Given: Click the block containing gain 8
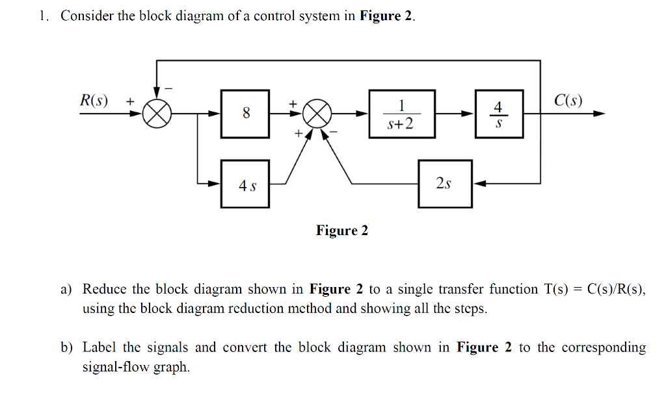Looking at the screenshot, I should (x=245, y=114).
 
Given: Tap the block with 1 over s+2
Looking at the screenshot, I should (x=401, y=114).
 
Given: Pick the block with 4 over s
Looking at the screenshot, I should (x=498, y=114).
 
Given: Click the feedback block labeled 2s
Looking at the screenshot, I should (x=444, y=184).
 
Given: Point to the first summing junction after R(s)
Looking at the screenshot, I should (x=157, y=114).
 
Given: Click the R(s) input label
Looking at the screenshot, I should (x=94, y=101).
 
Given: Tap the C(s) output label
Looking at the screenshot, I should (x=568, y=101).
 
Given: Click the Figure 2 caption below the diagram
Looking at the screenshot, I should (x=341, y=231).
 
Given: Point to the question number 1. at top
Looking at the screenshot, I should (x=44, y=16).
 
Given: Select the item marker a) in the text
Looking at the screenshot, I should (x=67, y=290).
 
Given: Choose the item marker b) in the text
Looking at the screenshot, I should (x=67, y=348).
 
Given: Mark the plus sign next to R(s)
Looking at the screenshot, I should (x=130, y=101).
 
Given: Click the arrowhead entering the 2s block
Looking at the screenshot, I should (x=478, y=184).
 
